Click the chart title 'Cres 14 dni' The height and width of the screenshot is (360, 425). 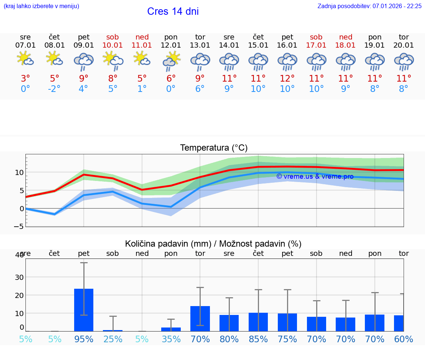coord(173,11)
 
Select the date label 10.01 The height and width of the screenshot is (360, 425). coord(113,45)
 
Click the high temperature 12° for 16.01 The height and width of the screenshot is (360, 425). coord(287,78)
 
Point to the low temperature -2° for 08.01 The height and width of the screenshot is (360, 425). coord(54,89)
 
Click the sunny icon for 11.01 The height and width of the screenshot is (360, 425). coord(142,59)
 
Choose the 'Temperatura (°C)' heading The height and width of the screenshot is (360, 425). coord(214,148)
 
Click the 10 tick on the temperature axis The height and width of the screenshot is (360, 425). coord(19,172)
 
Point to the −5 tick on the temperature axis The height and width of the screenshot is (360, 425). coord(19,226)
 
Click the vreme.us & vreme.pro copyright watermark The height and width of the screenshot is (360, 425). coord(315,176)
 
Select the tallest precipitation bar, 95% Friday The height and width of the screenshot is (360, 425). coord(84,310)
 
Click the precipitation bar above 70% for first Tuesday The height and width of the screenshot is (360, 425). coord(200,318)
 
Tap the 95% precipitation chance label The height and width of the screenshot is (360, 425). coord(84,339)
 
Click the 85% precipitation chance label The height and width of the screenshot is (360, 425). coord(258,339)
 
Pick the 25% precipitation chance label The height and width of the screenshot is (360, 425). coord(113,339)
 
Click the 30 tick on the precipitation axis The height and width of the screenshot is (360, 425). coord(19,277)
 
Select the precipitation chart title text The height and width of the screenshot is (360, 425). coord(213,244)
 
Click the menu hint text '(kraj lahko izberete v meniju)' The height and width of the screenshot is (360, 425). coord(41,6)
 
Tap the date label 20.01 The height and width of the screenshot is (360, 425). coord(404,45)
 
